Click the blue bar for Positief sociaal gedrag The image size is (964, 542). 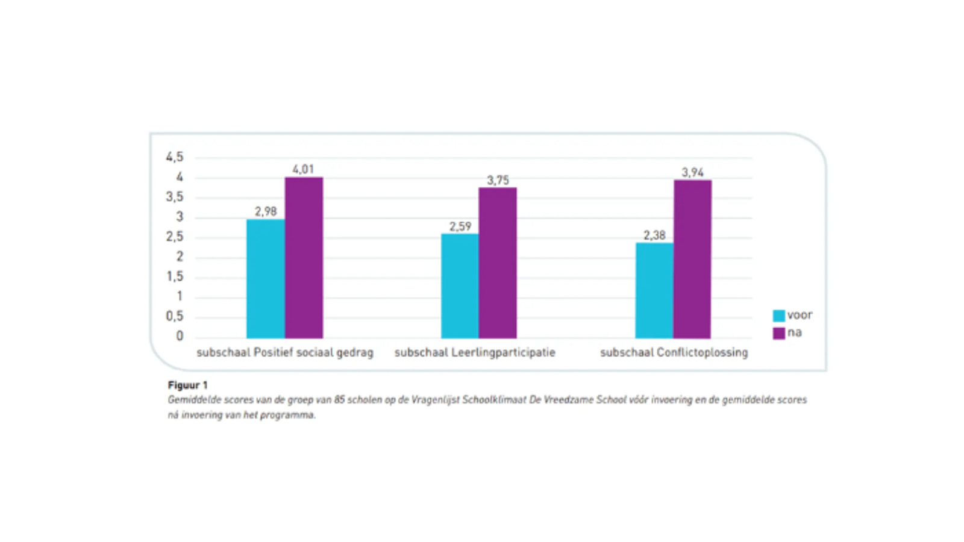tap(265, 278)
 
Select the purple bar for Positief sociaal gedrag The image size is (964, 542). tap(304, 258)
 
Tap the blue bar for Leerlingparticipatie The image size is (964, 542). tap(460, 286)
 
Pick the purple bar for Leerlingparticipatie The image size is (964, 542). tap(498, 263)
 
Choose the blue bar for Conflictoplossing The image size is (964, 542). tap(654, 290)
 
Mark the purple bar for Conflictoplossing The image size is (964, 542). tap(692, 259)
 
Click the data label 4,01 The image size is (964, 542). tap(303, 169)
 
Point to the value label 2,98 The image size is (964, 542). tap(265, 211)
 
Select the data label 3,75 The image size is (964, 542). tap(498, 180)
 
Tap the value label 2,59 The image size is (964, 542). tap(460, 226)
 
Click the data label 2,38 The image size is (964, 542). tap(654, 235)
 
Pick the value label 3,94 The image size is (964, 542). tap(692, 172)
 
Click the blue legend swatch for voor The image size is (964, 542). tap(778, 316)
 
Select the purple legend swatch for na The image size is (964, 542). tap(778, 333)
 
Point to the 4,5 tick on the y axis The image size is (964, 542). tap(174, 157)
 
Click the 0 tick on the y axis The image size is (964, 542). tap(180, 336)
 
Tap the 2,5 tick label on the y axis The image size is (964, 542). tap(174, 237)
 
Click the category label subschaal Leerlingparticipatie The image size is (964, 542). tap(475, 352)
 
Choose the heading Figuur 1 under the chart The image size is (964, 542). tap(187, 385)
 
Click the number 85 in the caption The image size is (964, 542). tap(340, 400)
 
